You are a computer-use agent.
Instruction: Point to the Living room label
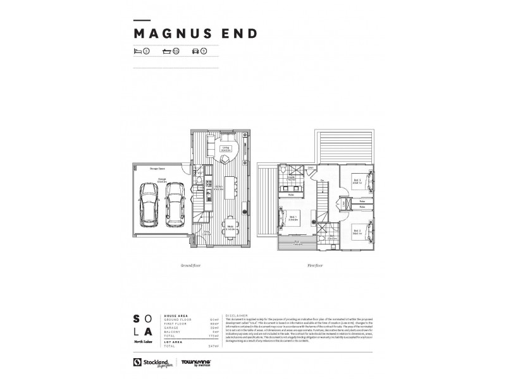225,148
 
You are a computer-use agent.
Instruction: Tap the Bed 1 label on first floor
294,217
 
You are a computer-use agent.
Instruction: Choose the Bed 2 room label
357,231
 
